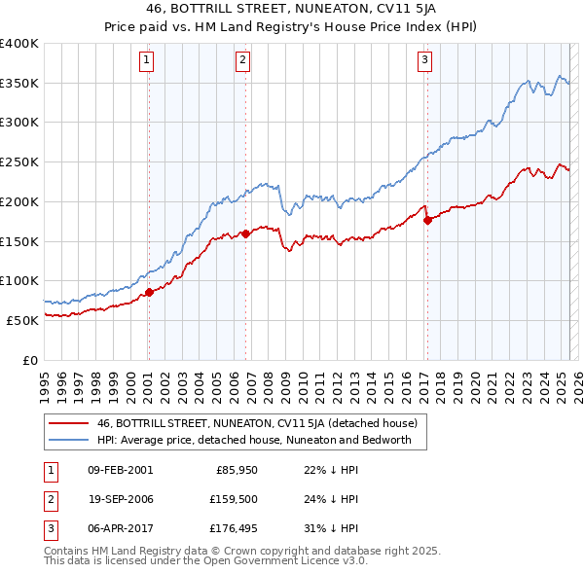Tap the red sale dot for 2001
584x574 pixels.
click(x=149, y=292)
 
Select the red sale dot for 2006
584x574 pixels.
click(x=245, y=233)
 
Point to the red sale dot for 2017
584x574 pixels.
click(x=427, y=219)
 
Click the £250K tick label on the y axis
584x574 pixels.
click(x=19, y=161)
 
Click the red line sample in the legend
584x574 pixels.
click(x=67, y=423)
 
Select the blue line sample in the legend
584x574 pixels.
click(x=67, y=440)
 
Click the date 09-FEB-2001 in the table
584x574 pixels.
click(x=120, y=470)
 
